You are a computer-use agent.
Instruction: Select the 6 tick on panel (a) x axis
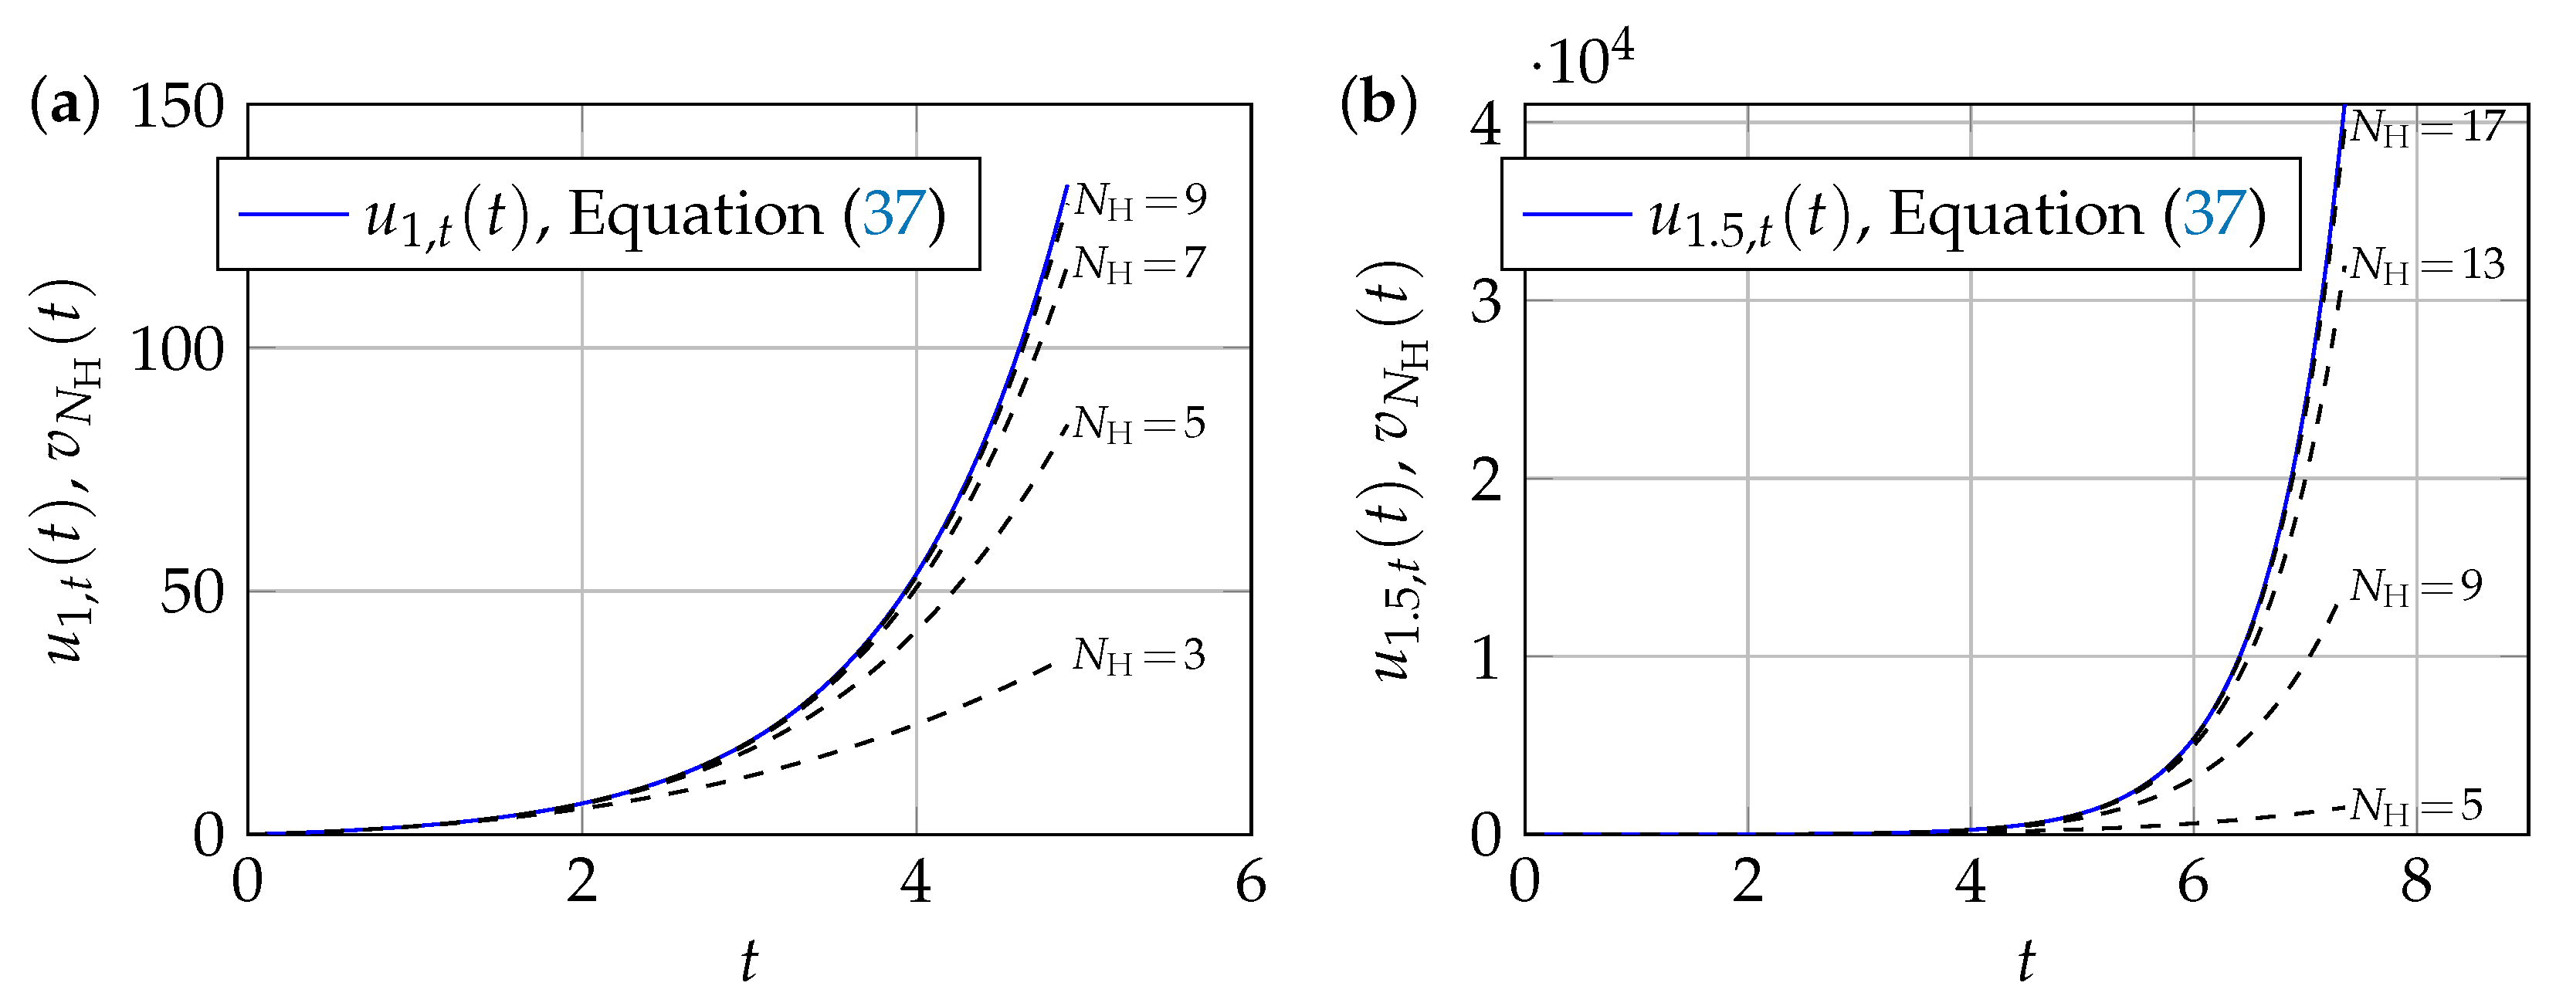click(x=1250, y=882)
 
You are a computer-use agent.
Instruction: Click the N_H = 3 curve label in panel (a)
click(x=1138, y=656)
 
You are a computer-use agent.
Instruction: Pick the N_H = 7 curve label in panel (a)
click(x=1138, y=264)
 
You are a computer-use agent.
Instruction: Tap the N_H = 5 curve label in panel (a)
click(x=1138, y=424)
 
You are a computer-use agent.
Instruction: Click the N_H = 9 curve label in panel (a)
click(x=1139, y=201)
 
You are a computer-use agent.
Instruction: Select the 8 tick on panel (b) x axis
click(x=2415, y=882)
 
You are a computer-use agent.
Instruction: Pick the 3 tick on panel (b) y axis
click(x=1486, y=302)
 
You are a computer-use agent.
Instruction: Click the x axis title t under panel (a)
click(x=748, y=961)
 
